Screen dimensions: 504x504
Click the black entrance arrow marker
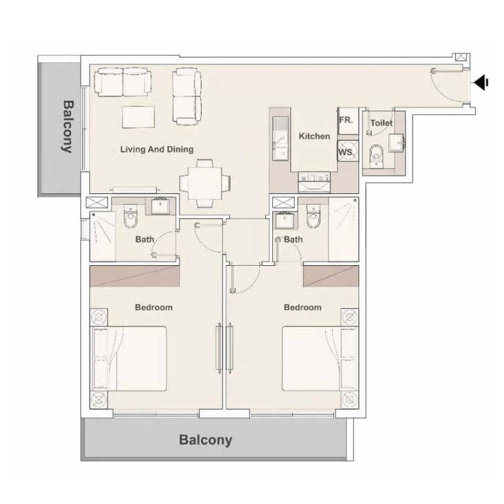(x=482, y=82)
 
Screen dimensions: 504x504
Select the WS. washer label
(x=346, y=152)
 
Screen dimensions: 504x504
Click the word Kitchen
(x=314, y=136)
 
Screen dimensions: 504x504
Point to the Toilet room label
(x=381, y=123)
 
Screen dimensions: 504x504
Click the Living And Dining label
(x=157, y=149)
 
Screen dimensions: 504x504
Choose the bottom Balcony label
(x=205, y=440)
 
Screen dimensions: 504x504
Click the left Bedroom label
(x=154, y=307)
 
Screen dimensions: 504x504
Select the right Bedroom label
(x=302, y=307)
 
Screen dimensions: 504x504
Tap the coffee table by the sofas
(x=139, y=117)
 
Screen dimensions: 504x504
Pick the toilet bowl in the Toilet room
(x=376, y=153)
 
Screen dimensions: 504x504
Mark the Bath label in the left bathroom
(x=144, y=239)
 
